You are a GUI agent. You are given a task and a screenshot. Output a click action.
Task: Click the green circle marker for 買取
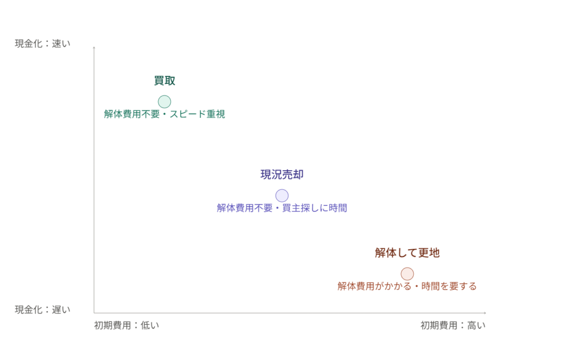(x=164, y=102)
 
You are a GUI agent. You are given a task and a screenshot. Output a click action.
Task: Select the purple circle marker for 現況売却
(x=282, y=195)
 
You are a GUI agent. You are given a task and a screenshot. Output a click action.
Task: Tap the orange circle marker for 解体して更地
(x=407, y=274)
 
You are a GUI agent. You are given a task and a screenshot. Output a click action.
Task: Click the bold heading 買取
(x=165, y=80)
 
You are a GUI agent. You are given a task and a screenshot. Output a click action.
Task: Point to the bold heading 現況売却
(x=282, y=174)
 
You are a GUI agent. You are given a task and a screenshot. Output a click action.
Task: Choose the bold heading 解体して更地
(x=407, y=253)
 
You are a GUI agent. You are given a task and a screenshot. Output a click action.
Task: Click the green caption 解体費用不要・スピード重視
(x=164, y=114)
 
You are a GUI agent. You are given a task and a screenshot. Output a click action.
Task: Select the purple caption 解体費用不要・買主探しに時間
(x=282, y=208)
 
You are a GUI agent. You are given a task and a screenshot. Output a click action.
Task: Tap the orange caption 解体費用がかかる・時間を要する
(x=407, y=286)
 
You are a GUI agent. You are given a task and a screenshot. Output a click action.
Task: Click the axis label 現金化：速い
(x=42, y=43)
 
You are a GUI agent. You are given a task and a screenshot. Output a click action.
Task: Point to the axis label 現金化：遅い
(x=42, y=310)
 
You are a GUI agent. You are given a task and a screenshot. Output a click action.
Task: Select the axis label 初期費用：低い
(x=127, y=325)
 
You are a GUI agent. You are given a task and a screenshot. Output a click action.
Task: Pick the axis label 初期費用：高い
(x=453, y=325)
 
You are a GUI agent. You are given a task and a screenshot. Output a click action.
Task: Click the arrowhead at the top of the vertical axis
(x=94, y=47)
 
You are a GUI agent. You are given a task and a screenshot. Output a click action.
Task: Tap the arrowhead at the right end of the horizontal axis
(x=485, y=313)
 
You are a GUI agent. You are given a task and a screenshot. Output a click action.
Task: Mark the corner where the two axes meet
(x=94, y=313)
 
